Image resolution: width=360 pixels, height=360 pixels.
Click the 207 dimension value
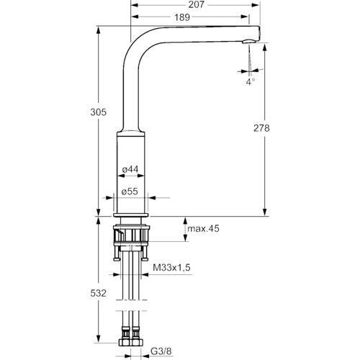pos(196,4)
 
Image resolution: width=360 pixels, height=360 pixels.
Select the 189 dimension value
pos(182,17)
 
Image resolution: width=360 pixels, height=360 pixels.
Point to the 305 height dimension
pos(98,112)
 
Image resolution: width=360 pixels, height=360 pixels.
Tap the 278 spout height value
pos(261,128)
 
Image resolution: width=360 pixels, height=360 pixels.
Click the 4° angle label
pos(251,81)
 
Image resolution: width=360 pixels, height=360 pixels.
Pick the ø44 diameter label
pos(130,169)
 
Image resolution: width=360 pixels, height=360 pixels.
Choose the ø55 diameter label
pos(130,192)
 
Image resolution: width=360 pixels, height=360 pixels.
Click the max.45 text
pos(203,228)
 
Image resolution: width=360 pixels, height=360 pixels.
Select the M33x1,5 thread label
pos(171,267)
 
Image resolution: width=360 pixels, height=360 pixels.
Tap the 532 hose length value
pos(98,293)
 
